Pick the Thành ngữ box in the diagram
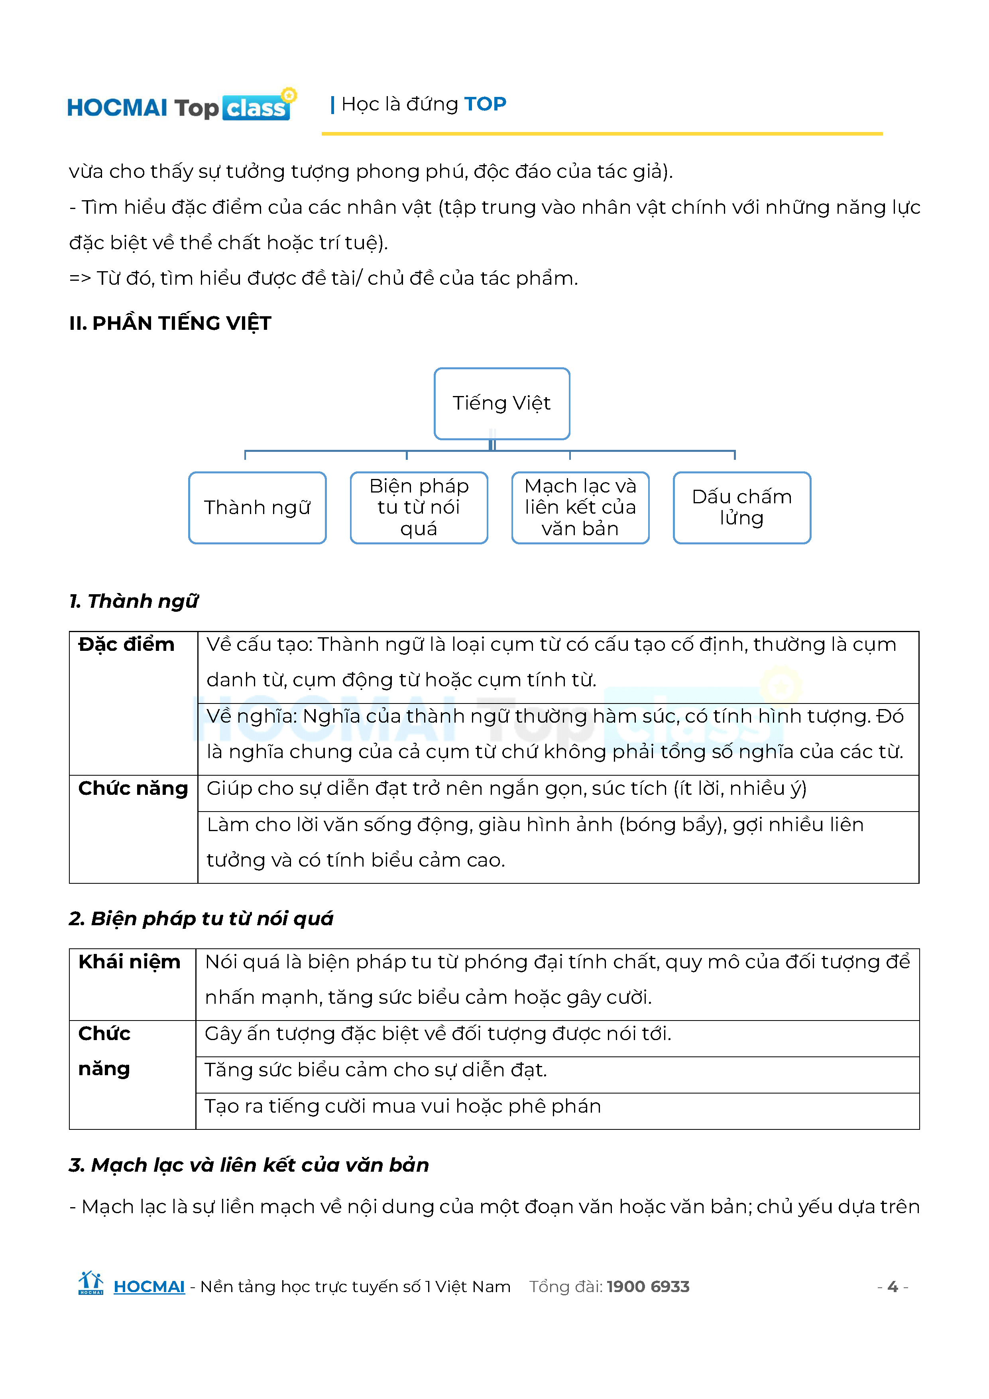[257, 508]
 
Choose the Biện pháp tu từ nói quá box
[419, 508]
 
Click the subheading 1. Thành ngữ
[134, 601]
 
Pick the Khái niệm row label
[129, 962]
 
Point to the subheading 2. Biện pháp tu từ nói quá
[201, 919]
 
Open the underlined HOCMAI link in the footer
[149, 1287]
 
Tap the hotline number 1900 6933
[647, 1287]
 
